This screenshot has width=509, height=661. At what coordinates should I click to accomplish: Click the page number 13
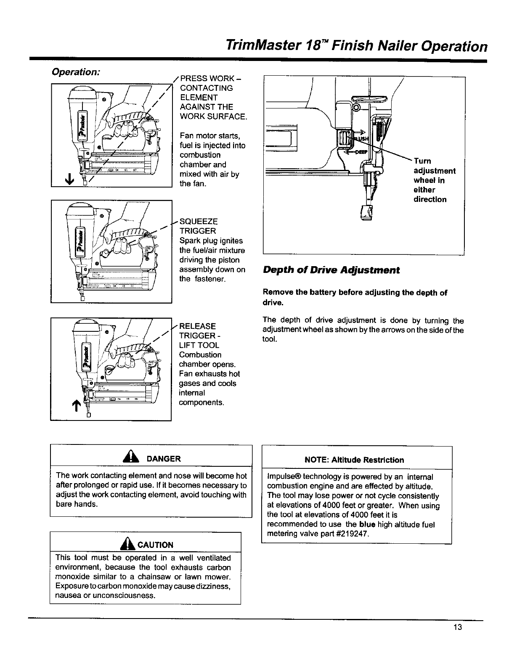click(458, 627)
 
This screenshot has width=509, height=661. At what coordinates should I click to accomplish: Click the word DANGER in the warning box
click(164, 459)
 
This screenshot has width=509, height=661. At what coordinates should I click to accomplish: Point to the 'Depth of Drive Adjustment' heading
click(331, 270)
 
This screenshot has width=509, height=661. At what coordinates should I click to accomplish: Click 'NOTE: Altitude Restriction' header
click(354, 460)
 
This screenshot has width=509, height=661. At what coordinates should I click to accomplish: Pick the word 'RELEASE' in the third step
click(197, 326)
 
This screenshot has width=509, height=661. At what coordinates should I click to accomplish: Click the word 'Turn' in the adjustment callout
click(422, 161)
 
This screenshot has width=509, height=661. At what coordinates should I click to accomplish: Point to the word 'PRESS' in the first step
click(193, 79)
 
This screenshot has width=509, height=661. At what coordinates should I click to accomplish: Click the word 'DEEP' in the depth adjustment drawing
click(361, 152)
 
